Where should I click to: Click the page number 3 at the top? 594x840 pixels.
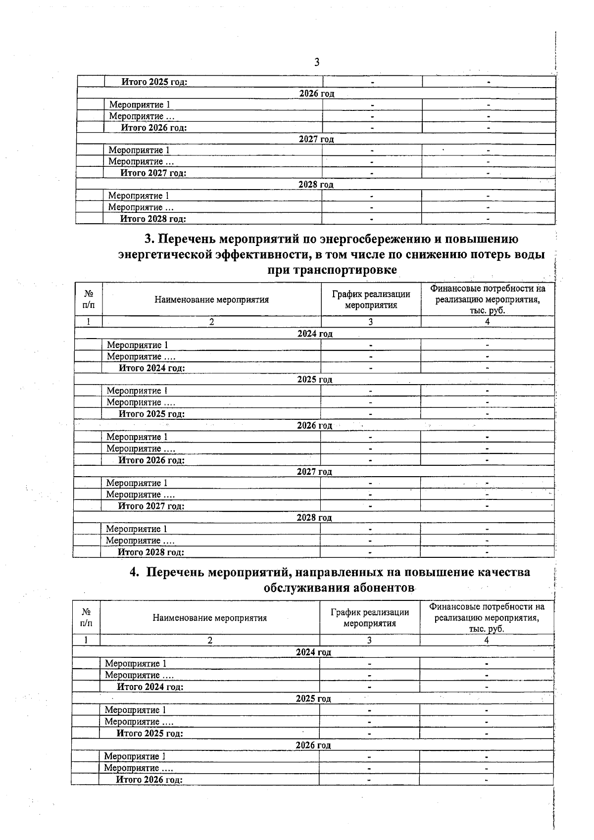[317, 62]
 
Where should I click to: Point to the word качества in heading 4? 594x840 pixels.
[503, 572]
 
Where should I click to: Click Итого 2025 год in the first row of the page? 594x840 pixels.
[154, 82]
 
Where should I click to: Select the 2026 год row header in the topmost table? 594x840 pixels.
[316, 94]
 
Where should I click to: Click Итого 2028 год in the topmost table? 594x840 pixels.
[153, 219]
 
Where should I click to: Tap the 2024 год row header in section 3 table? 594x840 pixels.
[315, 334]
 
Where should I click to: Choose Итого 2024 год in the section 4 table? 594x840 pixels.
[150, 687]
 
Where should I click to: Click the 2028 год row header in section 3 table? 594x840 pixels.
[314, 518]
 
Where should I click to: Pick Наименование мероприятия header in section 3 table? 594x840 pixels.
[212, 299]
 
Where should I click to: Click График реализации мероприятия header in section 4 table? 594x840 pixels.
[369, 618]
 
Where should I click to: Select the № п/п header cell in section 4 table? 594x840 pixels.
[86, 618]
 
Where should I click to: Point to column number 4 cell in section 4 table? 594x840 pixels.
[487, 641]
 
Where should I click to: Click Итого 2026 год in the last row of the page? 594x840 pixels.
[149, 780]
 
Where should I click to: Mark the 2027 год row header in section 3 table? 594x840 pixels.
[314, 472]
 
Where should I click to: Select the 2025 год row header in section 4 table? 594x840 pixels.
[313, 699]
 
